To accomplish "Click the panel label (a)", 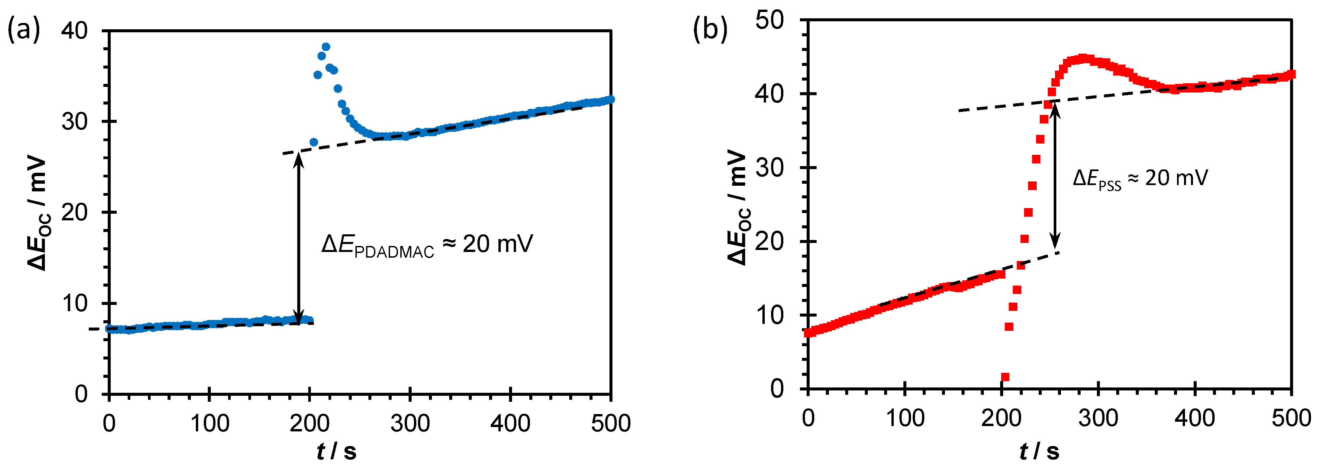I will click(24, 30).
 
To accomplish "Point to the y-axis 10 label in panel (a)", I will click(74, 304).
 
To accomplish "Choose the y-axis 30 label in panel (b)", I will click(770, 168).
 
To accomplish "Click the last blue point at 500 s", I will click(610, 99).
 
